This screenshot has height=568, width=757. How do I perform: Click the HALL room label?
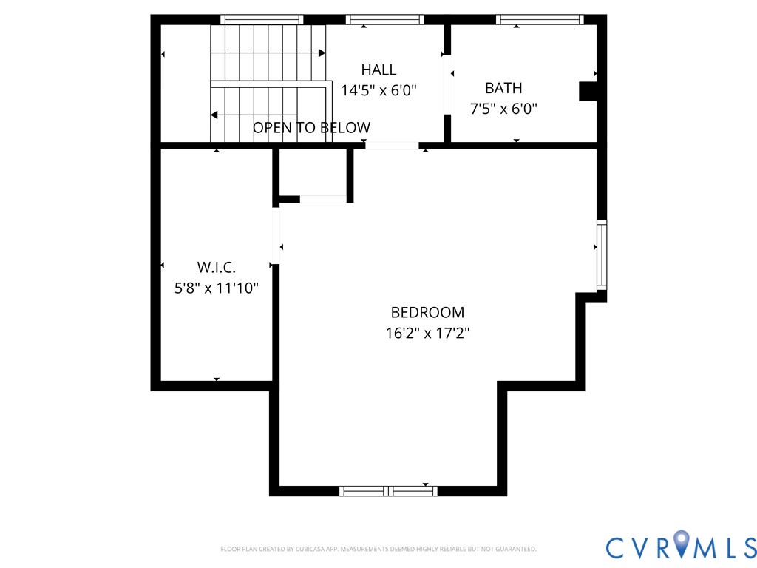pos(378,70)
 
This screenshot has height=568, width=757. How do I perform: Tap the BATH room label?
pos(503,88)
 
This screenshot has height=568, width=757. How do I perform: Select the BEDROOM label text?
pos(427,312)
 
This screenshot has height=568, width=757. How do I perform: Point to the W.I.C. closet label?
pos(216,267)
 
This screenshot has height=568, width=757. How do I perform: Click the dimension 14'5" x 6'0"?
pos(378,90)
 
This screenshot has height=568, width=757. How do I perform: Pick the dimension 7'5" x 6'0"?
pos(503,109)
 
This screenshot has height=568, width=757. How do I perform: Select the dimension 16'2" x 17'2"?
pos(427,333)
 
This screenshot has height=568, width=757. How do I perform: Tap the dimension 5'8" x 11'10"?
pos(216,288)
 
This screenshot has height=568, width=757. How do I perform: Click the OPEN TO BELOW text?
pos(311,128)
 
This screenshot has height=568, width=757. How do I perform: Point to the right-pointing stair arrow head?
pos(322,53)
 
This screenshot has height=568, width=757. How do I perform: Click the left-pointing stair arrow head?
pos(214,115)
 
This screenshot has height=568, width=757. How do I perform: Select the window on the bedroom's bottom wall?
pos(388,490)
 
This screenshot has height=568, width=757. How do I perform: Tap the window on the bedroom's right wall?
pos(602,255)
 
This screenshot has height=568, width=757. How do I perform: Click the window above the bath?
pos(540,20)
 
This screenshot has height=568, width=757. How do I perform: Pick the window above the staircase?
pos(262,20)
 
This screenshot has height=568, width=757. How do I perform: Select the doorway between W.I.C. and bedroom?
pos(276,236)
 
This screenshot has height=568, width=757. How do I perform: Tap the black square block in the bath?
pos(588,91)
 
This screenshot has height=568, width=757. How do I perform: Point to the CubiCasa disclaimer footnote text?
pos(378,549)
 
